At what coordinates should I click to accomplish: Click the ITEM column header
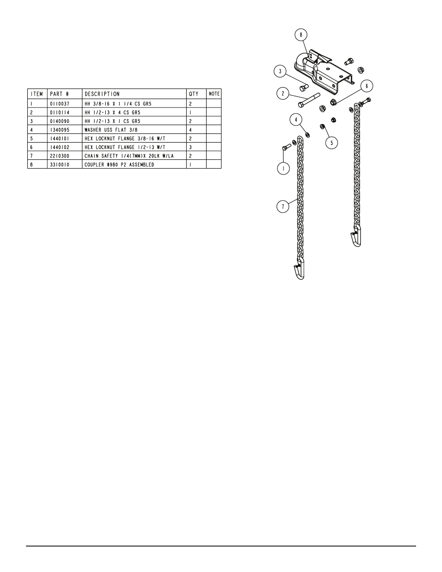pos(37,94)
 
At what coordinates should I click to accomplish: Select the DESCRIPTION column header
pos(102,94)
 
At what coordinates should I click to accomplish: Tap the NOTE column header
pos(214,94)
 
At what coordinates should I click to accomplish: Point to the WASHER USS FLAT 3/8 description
pos(111,130)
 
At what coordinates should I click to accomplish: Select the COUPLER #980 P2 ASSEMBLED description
pos(119,164)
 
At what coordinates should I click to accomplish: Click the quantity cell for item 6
pos(190,147)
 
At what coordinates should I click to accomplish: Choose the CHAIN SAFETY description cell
pos(129,156)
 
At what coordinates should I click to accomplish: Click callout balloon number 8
pos(301,35)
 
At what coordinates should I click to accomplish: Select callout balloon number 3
pos(279,71)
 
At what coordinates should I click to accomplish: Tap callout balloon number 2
pos(283,94)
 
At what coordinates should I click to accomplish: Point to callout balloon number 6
pos(366,86)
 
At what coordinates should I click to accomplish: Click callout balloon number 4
pos(296,119)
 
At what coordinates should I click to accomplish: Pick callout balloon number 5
pos(331,143)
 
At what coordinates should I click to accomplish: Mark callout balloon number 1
pos(283,168)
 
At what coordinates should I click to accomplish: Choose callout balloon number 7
pos(283,207)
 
